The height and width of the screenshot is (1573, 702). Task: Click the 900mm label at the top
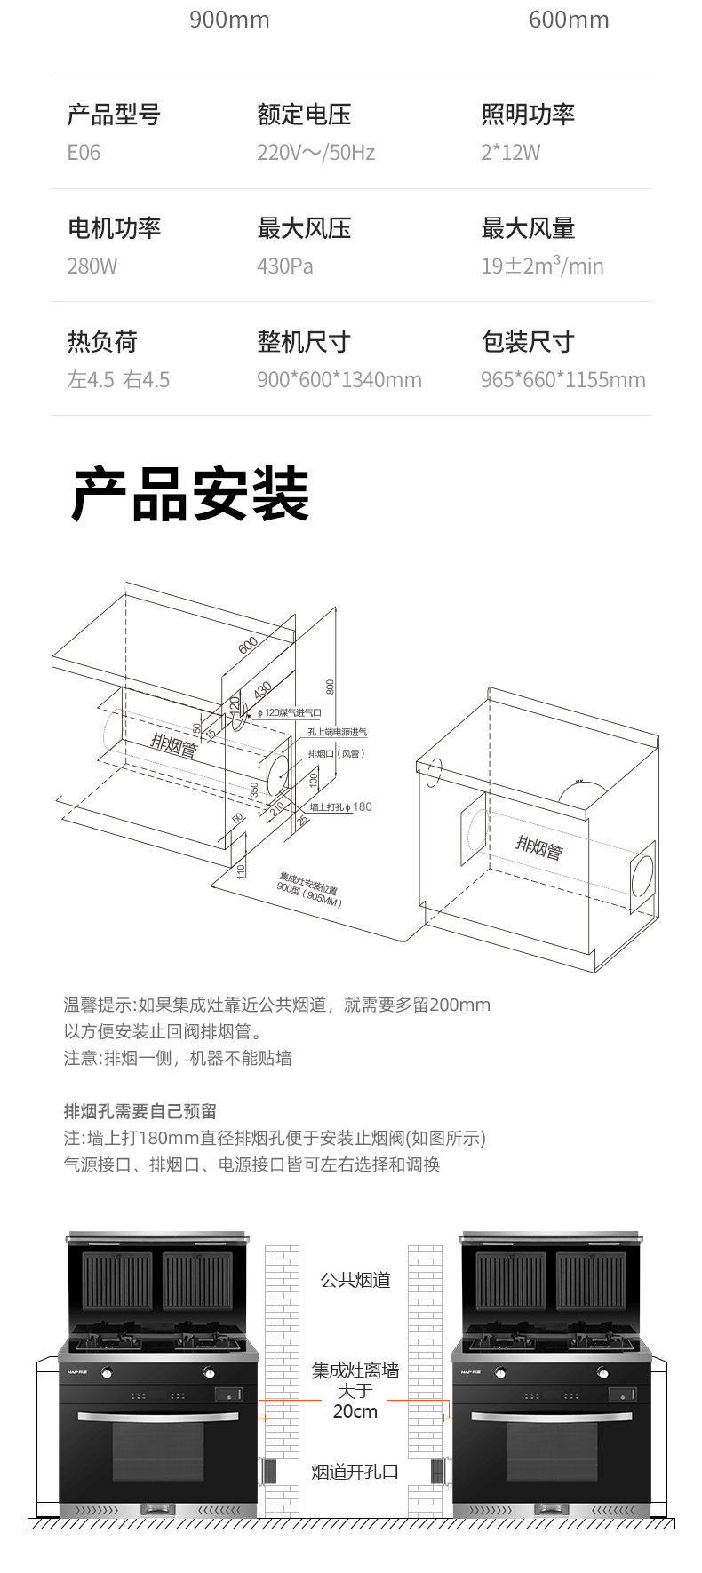pyautogui.click(x=229, y=20)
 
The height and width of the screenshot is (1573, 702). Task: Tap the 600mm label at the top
pyautogui.click(x=569, y=20)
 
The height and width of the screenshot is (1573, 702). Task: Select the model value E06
pyautogui.click(x=84, y=153)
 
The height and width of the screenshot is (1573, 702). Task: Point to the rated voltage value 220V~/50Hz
pyautogui.click(x=315, y=153)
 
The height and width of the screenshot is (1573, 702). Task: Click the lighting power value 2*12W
pyautogui.click(x=510, y=153)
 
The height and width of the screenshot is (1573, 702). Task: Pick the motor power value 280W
pyautogui.click(x=92, y=266)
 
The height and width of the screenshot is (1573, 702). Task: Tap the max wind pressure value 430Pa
pyautogui.click(x=284, y=266)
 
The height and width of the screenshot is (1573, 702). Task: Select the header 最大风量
pyautogui.click(x=528, y=229)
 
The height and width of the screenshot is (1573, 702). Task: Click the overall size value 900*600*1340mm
pyautogui.click(x=339, y=380)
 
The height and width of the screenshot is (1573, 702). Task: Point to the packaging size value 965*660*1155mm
pyautogui.click(x=562, y=380)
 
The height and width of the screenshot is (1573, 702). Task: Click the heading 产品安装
pyautogui.click(x=190, y=495)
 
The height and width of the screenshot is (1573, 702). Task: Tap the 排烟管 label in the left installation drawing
pyautogui.click(x=173, y=744)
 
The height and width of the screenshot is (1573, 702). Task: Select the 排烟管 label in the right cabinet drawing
pyautogui.click(x=539, y=846)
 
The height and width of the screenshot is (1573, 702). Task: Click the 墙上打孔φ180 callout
pyautogui.click(x=340, y=807)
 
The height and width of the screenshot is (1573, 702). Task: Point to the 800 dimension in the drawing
pyautogui.click(x=331, y=687)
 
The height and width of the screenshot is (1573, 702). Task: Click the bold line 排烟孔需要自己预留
pyautogui.click(x=140, y=1111)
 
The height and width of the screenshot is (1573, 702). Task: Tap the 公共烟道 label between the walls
pyautogui.click(x=355, y=1280)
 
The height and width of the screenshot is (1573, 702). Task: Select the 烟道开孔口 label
pyautogui.click(x=355, y=1472)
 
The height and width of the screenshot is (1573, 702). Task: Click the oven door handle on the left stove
pyautogui.click(x=158, y=1418)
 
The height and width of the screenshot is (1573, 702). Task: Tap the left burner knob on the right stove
pyautogui.click(x=500, y=1372)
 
